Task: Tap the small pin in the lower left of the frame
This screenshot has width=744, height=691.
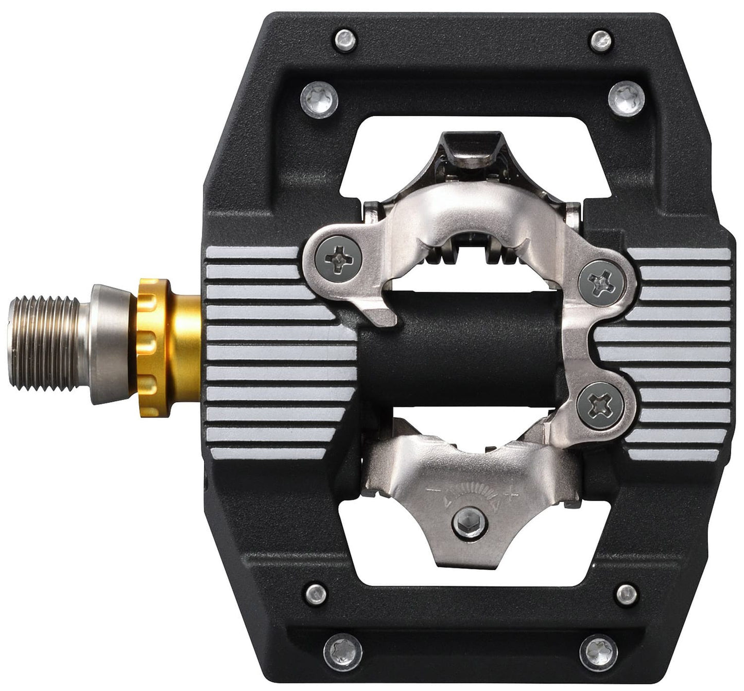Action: [x=317, y=593]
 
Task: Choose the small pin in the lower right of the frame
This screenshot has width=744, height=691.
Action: [x=626, y=593]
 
